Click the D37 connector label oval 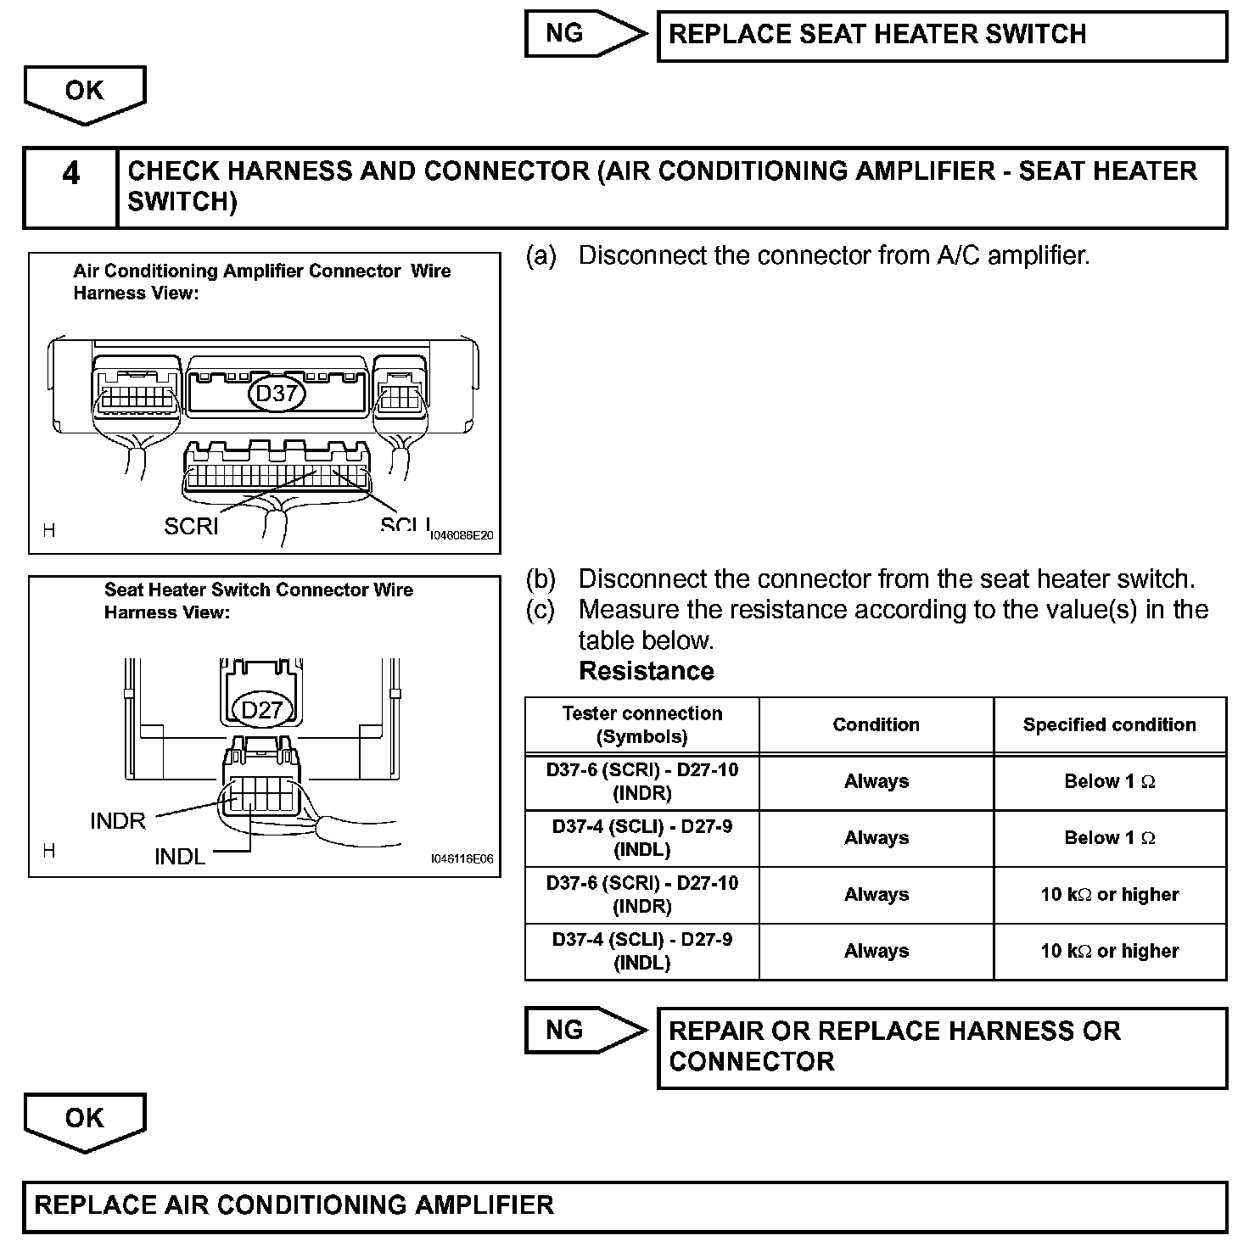[276, 394]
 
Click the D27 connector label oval [261, 709]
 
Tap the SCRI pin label [191, 527]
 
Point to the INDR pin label [118, 821]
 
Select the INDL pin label [180, 857]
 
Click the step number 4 [71, 174]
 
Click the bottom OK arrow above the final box [85, 1121]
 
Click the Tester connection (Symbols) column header [642, 724]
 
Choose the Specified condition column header [1109, 724]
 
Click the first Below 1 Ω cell [1109, 781]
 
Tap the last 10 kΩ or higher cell [1109, 951]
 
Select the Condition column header [876, 724]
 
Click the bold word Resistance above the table [647, 671]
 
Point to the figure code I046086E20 [462, 536]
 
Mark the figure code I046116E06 [462, 858]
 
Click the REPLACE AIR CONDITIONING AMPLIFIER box [624, 1205]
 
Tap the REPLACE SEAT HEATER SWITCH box [942, 35]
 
